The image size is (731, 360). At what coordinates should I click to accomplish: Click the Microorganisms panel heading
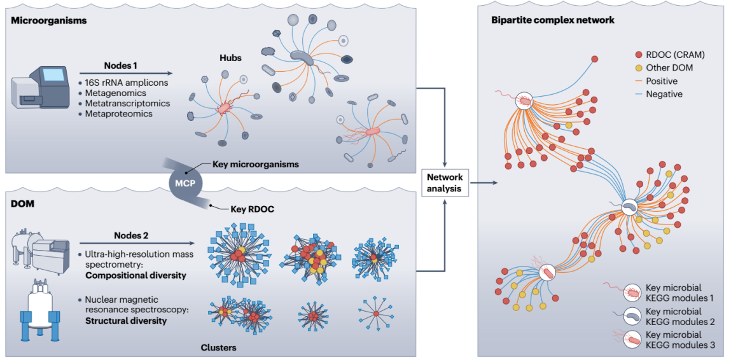(48, 20)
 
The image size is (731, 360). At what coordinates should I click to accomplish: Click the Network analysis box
(445, 182)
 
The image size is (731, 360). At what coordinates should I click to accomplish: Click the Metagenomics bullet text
(115, 93)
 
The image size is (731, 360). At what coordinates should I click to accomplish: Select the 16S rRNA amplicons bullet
(125, 83)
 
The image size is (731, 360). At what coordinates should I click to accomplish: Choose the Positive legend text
(661, 81)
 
